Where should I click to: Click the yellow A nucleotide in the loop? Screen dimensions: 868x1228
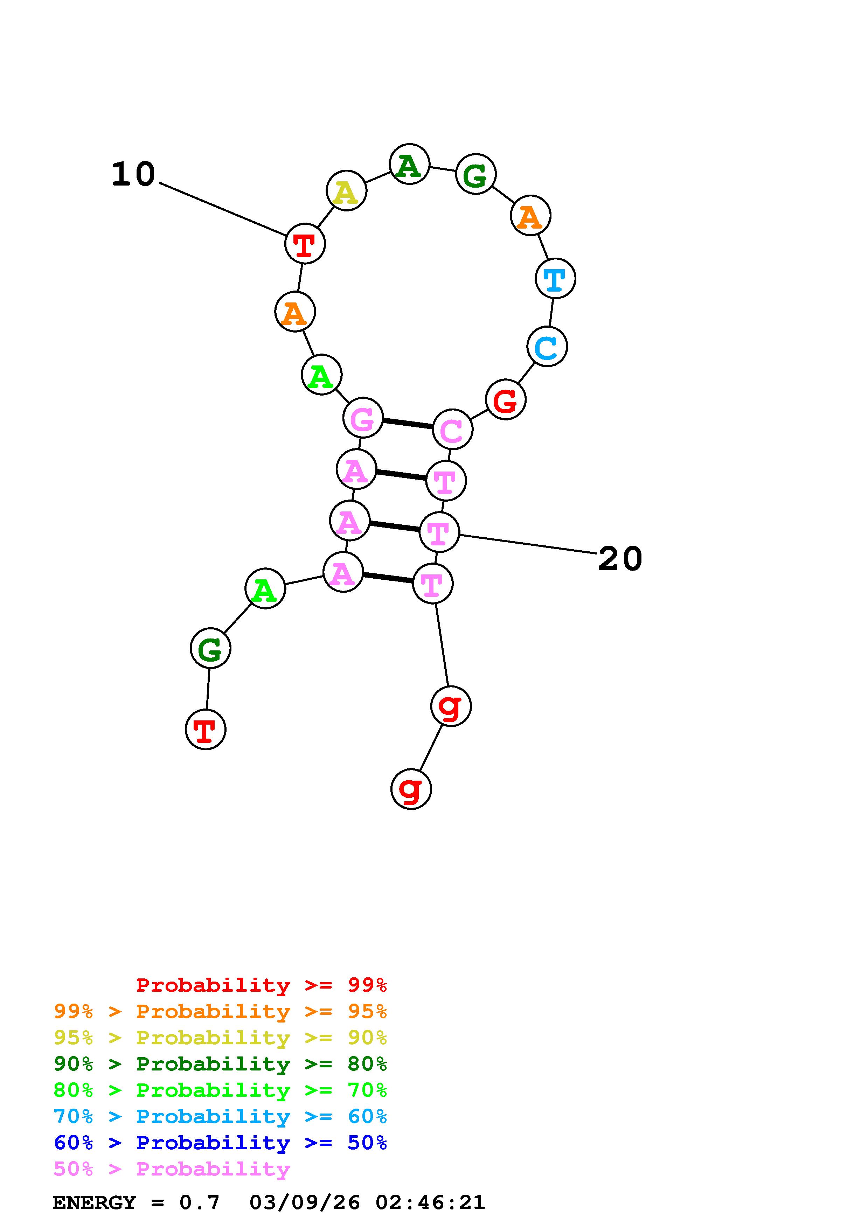(x=346, y=191)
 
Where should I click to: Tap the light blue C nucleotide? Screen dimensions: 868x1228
(x=547, y=347)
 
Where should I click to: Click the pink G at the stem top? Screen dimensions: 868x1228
(x=363, y=418)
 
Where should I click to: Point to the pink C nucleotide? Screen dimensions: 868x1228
(x=452, y=429)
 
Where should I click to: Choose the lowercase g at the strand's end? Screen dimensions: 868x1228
(x=411, y=789)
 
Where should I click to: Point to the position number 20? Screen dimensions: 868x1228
(x=620, y=559)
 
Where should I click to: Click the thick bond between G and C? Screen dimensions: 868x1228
(x=408, y=424)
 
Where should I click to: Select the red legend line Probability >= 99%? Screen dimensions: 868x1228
(x=261, y=985)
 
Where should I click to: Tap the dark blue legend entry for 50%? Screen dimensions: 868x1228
(x=220, y=1143)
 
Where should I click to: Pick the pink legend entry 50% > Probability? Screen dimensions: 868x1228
(x=172, y=1168)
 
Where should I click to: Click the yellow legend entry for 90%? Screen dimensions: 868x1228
(x=220, y=1037)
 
